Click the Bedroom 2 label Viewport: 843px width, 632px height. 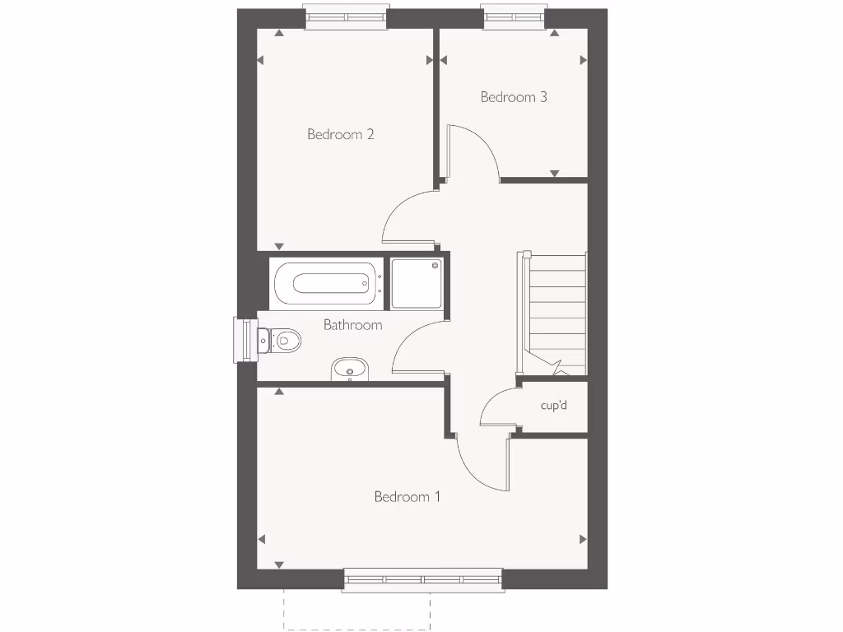tap(341, 134)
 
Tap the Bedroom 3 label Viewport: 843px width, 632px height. tap(514, 97)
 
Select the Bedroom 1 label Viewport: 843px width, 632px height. tap(408, 497)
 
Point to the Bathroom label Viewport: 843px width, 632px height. tap(352, 325)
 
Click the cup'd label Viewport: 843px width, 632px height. tap(554, 406)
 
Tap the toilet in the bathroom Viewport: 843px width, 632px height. tap(280, 338)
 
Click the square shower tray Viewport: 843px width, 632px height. tap(416, 283)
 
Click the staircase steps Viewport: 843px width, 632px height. tap(557, 313)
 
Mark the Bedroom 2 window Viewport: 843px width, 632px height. tap(345, 17)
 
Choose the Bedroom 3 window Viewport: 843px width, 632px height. tap(515, 17)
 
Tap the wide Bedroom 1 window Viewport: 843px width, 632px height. tap(422, 579)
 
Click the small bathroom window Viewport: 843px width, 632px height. tap(245, 339)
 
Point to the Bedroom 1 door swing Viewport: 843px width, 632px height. tap(482, 462)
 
